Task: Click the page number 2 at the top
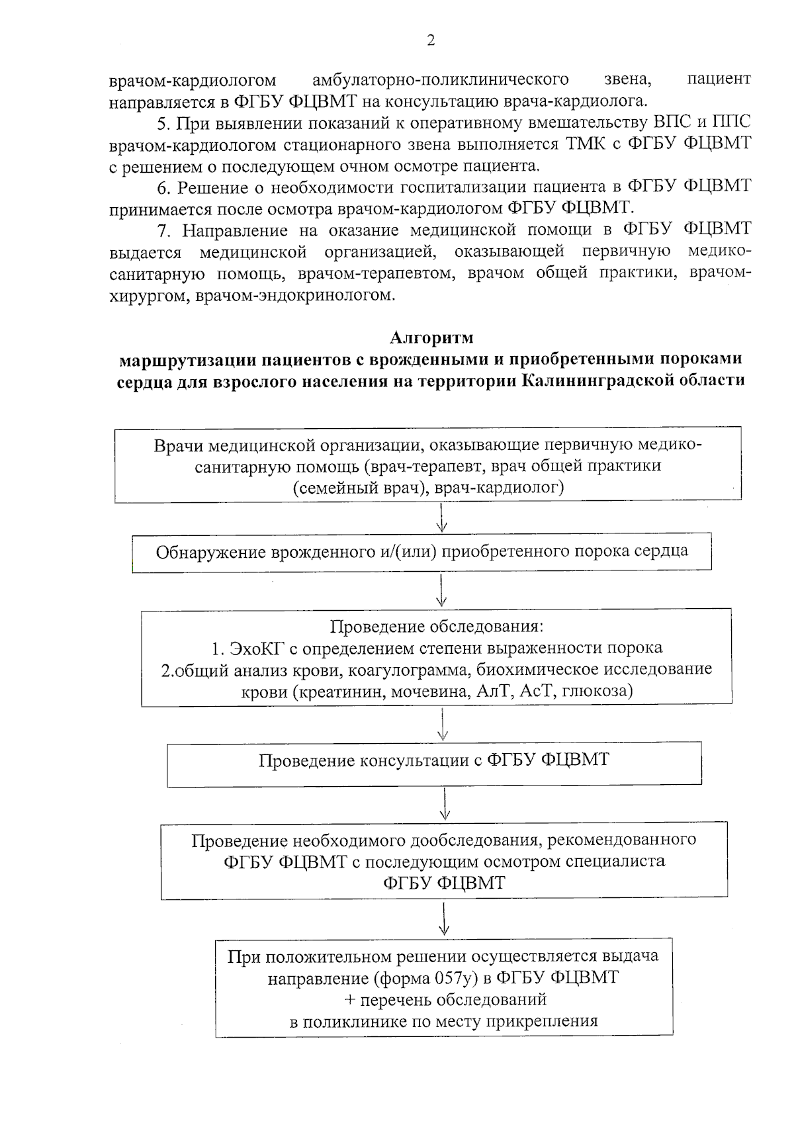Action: (431, 41)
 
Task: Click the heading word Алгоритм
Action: (431, 337)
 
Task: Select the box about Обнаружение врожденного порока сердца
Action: (421, 551)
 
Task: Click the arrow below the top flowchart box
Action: (442, 517)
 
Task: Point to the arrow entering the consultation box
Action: (443, 724)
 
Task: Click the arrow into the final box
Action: (445, 919)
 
